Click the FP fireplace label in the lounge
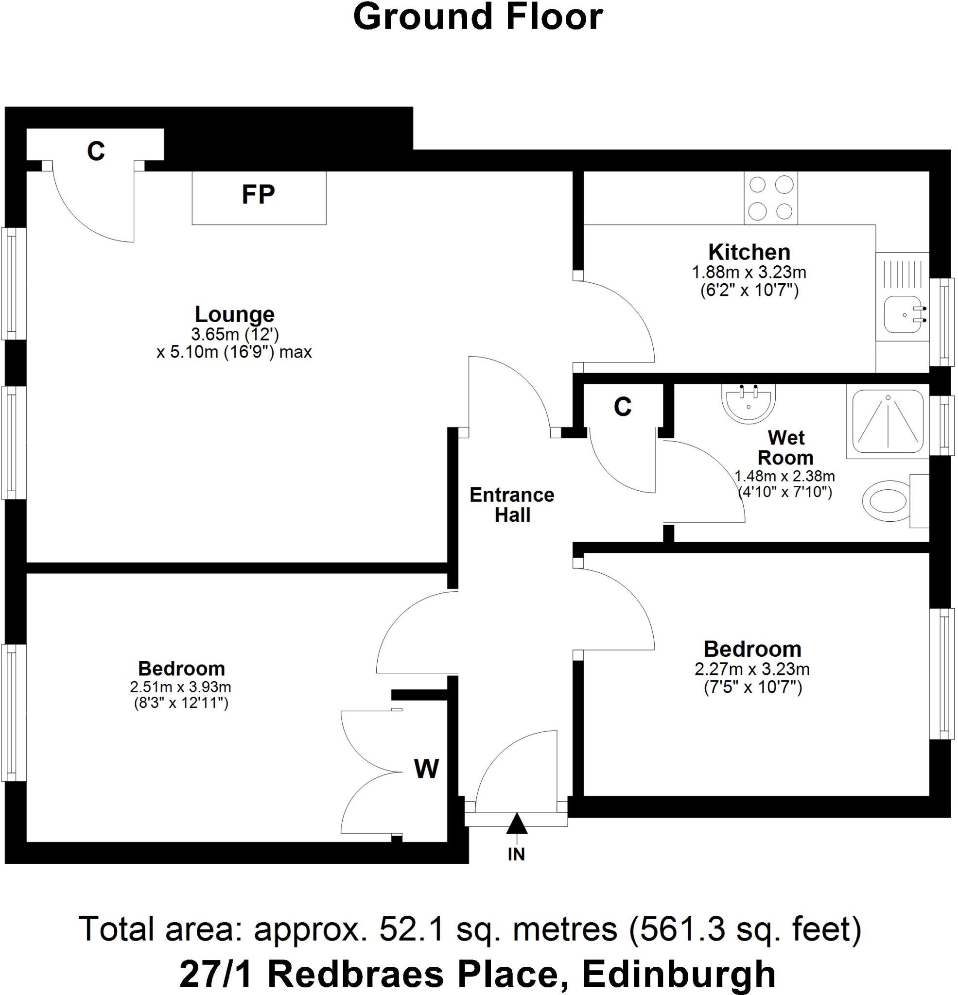pos(258,194)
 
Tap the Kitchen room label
pos(749,252)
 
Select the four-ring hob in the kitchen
pos(770,198)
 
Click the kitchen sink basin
pos(902,314)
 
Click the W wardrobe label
pos(426,769)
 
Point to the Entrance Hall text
pos(512,505)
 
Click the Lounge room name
pos(235,314)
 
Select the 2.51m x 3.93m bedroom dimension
pos(180,687)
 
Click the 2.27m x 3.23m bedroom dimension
pos(752,669)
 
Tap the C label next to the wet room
pos(622,407)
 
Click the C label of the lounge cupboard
pos(96,151)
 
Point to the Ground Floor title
pos(477,17)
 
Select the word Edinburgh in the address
pos(679,973)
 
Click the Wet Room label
pos(785,448)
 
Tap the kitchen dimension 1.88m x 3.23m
pos(749,273)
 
